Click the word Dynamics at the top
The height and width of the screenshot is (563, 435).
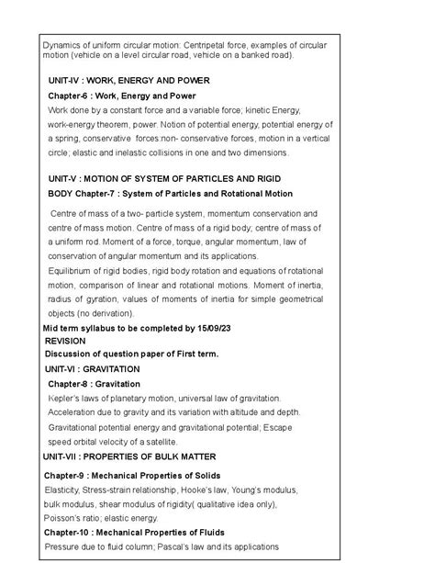(62, 44)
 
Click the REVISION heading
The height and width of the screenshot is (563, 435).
(65, 340)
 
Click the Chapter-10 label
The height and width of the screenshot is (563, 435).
(77, 532)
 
